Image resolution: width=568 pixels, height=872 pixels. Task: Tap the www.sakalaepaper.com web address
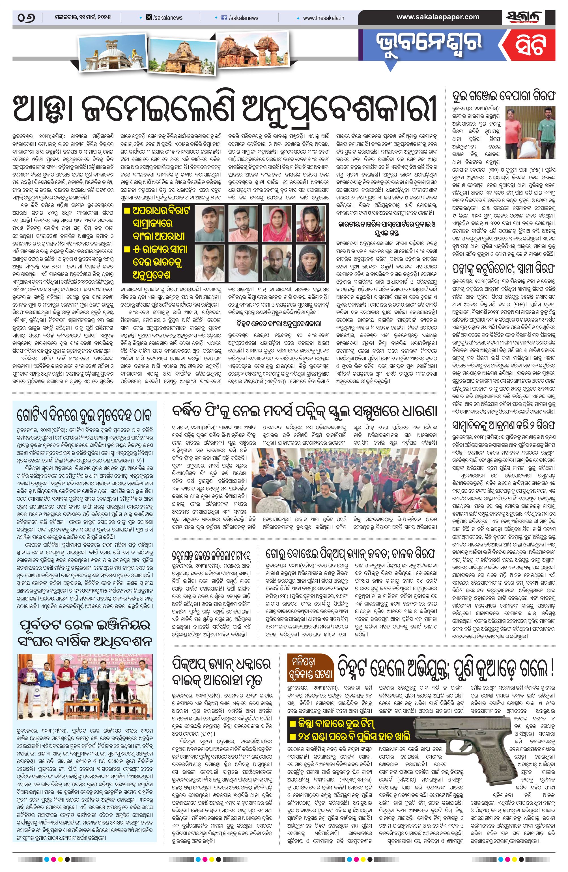coord(438,17)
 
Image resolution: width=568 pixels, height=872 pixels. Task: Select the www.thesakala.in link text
coord(323,18)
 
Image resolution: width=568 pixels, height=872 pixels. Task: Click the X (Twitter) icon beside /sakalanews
coord(149,18)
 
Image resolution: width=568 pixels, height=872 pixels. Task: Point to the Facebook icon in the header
coord(225,18)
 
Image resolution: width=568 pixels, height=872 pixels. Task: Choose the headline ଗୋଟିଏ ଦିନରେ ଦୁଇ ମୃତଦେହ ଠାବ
coord(85,415)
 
